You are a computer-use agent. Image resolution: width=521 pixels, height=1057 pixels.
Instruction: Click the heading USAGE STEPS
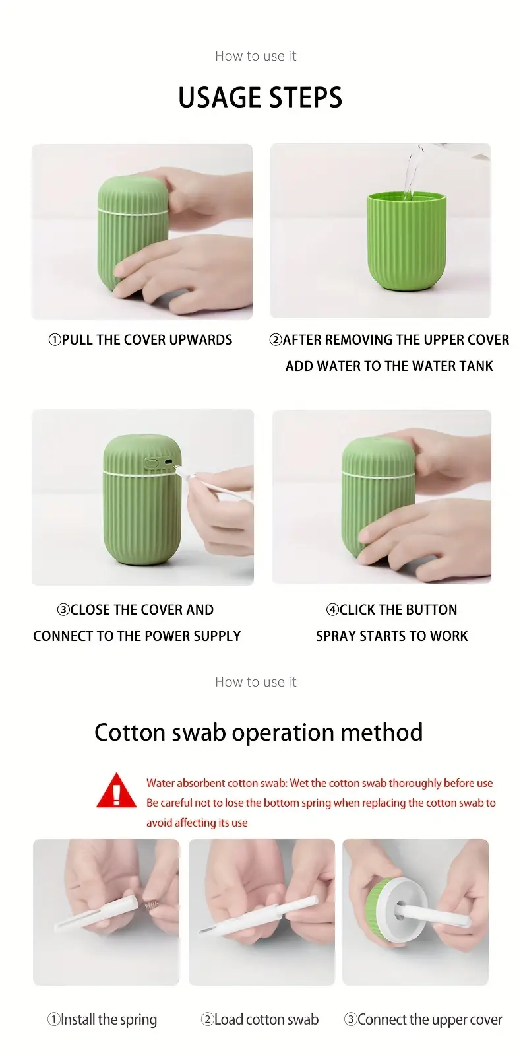point(260,98)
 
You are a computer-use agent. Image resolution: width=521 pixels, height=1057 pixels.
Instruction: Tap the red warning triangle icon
point(117,792)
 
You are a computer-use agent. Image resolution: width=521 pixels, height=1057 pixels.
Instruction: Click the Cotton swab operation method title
point(259,732)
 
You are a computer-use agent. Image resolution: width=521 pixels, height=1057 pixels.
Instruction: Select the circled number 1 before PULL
point(55,340)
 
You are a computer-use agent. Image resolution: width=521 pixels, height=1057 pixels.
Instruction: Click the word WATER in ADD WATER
point(340,366)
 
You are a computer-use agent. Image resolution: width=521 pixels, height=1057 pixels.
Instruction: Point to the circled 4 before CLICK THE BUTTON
point(332,609)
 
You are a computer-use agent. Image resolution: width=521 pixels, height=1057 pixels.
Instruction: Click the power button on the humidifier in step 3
point(151,463)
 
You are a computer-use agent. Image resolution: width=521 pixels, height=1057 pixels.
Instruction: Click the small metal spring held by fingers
point(150,904)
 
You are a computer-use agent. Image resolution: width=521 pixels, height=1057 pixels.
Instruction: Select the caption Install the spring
point(102,1020)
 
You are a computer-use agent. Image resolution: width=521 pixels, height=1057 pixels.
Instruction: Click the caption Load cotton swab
point(260,1019)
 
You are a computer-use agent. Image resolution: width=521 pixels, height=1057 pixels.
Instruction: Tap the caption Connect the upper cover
point(423,1020)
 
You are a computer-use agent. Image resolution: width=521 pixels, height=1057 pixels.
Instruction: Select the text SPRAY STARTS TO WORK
point(392,636)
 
